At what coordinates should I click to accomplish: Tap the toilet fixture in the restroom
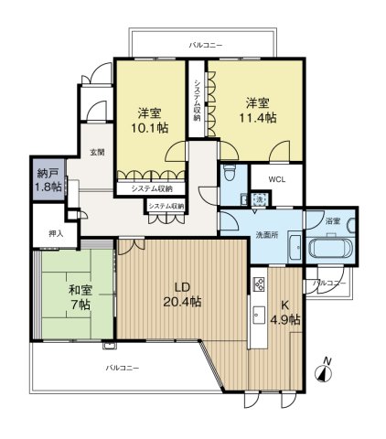(x=229, y=175)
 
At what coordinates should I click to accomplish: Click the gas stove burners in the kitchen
(x=259, y=284)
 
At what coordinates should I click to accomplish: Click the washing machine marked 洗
(x=259, y=198)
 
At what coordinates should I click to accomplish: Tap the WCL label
(x=277, y=179)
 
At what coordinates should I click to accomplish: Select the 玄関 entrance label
(x=97, y=152)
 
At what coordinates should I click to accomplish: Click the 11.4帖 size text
(x=257, y=118)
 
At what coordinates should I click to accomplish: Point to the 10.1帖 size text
(x=149, y=128)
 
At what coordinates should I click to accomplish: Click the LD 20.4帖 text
(x=182, y=294)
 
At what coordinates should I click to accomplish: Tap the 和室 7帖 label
(x=80, y=297)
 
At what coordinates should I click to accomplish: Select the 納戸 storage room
(x=48, y=179)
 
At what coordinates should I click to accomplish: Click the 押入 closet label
(x=56, y=233)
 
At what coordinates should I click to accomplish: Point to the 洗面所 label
(x=267, y=235)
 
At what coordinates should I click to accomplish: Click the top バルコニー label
(x=206, y=46)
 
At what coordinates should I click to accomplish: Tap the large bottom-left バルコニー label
(x=123, y=368)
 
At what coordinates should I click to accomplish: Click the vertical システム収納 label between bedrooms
(x=198, y=101)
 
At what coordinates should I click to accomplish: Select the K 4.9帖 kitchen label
(x=285, y=312)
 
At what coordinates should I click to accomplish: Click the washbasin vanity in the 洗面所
(x=295, y=249)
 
